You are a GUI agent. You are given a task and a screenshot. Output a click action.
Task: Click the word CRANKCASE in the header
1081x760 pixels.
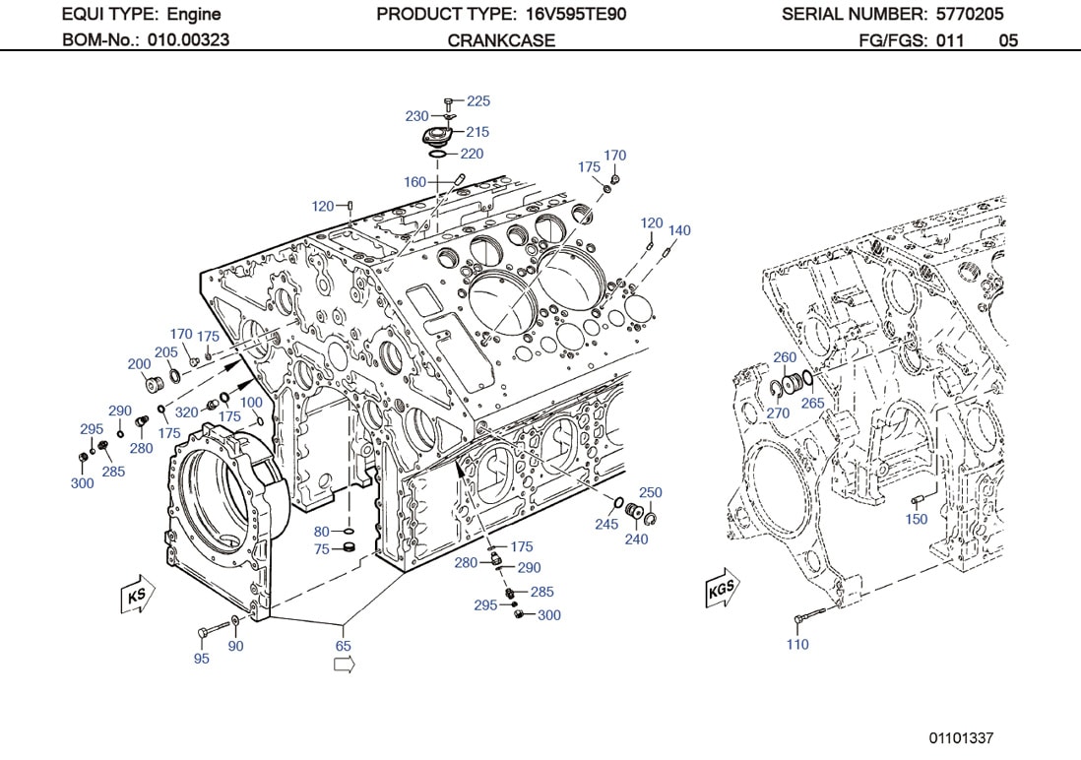[x=501, y=40]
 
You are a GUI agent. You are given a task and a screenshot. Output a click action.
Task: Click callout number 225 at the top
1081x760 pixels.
[x=477, y=101]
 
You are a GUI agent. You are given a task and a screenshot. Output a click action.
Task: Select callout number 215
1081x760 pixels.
[x=477, y=132]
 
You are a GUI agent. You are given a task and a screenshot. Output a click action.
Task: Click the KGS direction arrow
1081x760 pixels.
[x=721, y=590]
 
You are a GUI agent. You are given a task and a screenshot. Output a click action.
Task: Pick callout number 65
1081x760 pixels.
[x=343, y=646]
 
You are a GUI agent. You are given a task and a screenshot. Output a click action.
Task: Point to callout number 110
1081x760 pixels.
[x=797, y=644]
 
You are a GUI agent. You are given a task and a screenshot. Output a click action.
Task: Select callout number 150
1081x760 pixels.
[x=916, y=519]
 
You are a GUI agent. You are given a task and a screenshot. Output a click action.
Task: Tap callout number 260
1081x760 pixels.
[x=785, y=357]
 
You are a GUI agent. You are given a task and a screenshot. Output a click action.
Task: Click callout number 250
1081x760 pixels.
[x=651, y=492]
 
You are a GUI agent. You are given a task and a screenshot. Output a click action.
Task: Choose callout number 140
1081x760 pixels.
[x=679, y=230]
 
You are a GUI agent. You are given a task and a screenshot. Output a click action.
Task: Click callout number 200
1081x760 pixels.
[x=140, y=363]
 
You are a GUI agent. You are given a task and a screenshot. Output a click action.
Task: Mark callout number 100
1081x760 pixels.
[x=251, y=403]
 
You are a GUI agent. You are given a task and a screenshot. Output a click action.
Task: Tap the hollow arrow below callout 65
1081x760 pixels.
[x=344, y=665]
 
